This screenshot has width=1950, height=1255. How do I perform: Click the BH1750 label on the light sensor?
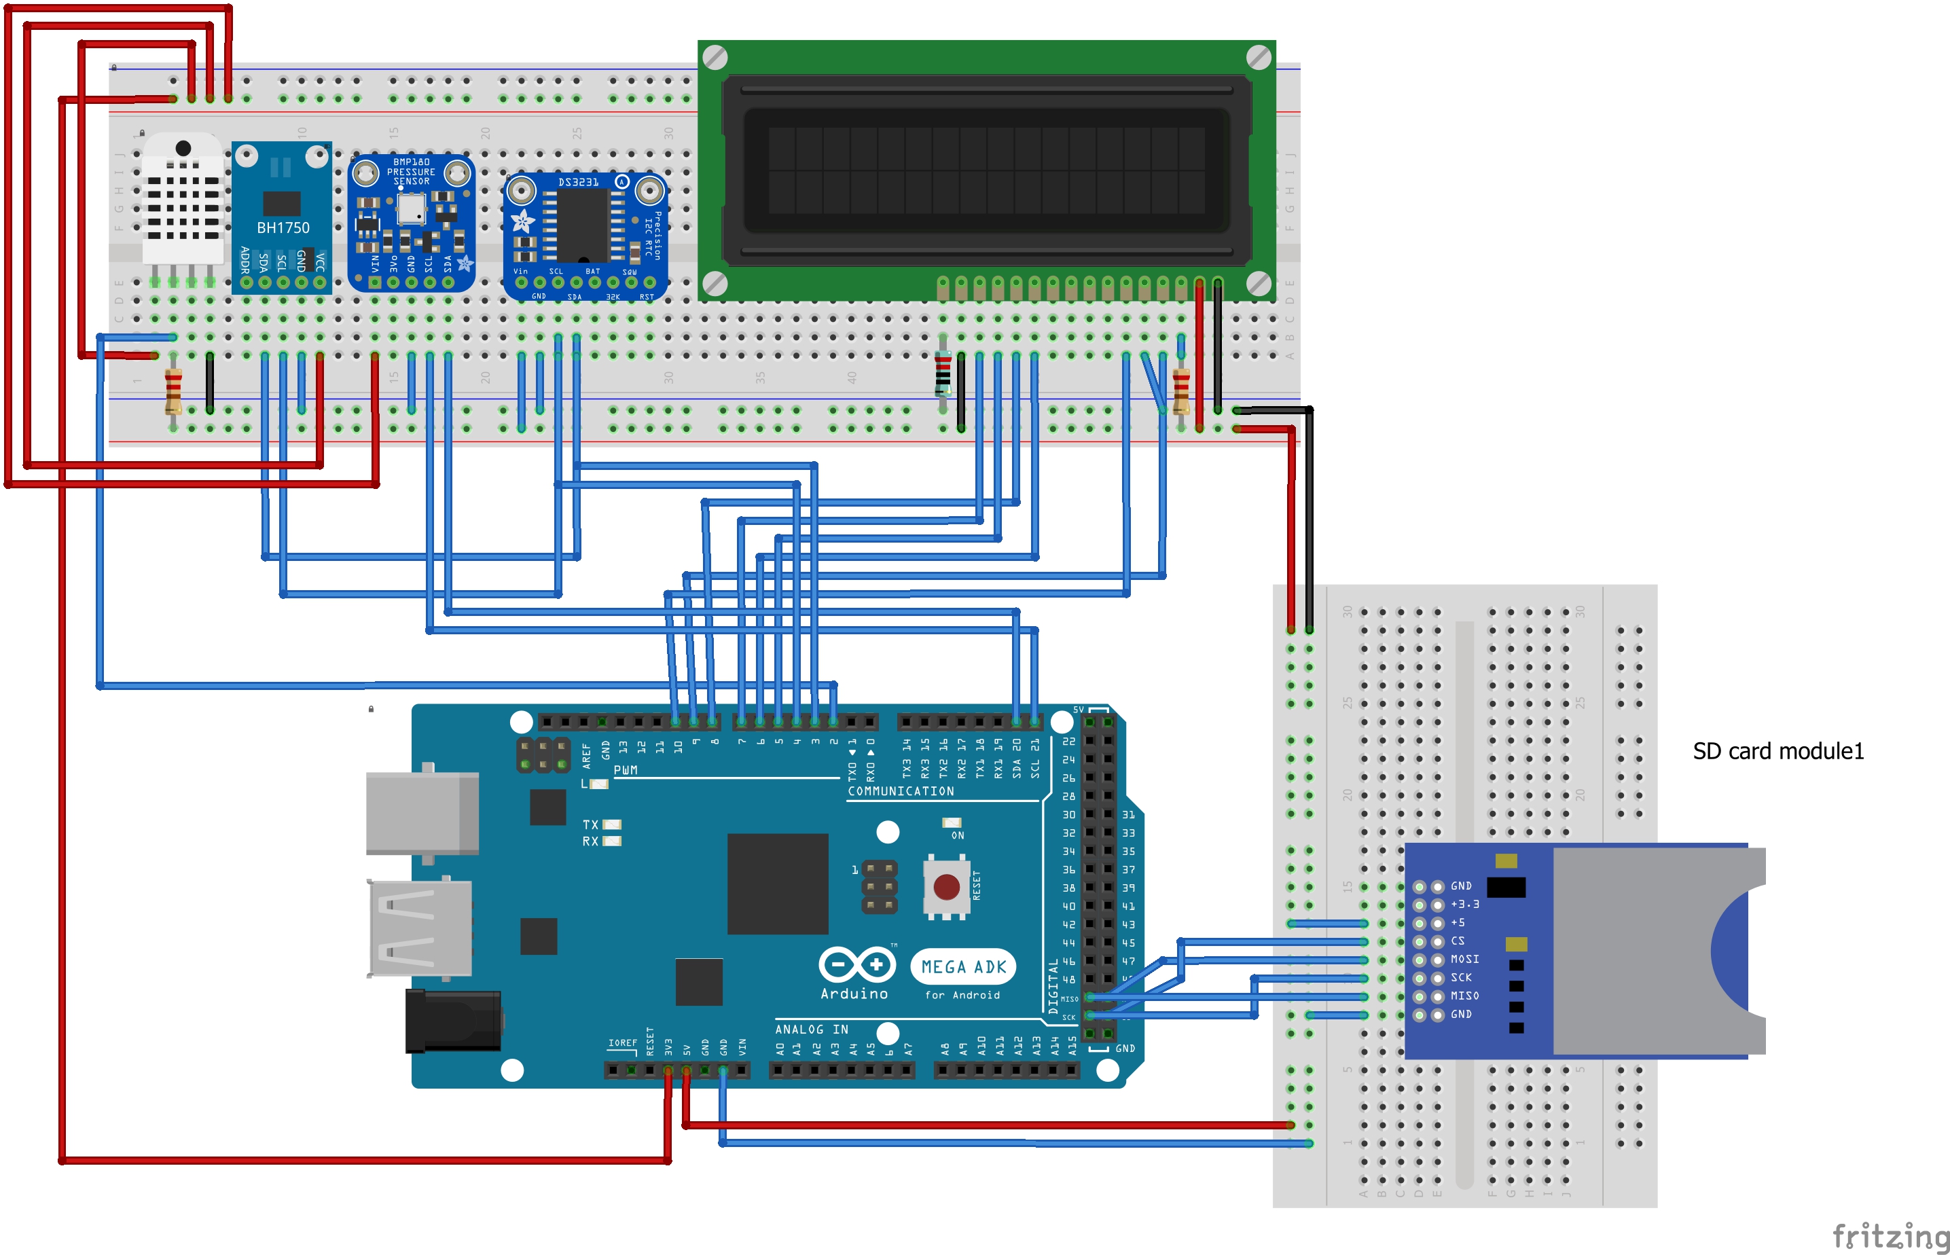tap(283, 228)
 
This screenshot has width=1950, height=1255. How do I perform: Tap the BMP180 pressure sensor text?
tap(411, 172)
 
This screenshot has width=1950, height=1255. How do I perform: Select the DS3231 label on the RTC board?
tap(578, 183)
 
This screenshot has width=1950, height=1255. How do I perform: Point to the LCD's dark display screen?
tap(986, 170)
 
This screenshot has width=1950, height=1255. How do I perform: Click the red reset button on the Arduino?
tap(945, 887)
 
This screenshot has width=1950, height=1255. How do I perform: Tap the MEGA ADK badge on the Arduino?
tap(962, 967)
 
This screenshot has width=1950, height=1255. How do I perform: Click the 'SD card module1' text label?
tap(1777, 751)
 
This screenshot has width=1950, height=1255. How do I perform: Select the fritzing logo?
tap(1890, 1235)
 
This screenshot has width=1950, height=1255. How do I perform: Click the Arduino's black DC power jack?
tap(452, 1020)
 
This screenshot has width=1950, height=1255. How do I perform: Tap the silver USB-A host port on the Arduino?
tap(420, 928)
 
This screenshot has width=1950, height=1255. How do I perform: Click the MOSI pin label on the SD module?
tap(1464, 959)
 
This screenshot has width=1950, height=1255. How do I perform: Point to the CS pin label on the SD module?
tap(1457, 941)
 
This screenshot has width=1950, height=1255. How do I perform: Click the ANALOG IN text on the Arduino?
tap(811, 1030)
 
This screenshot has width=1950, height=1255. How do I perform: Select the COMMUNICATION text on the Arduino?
tap(900, 791)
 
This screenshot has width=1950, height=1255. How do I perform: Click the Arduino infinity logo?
tap(856, 965)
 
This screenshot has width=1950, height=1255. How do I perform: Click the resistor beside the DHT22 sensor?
tap(173, 392)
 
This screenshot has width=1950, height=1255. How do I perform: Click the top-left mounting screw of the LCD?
tap(715, 58)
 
